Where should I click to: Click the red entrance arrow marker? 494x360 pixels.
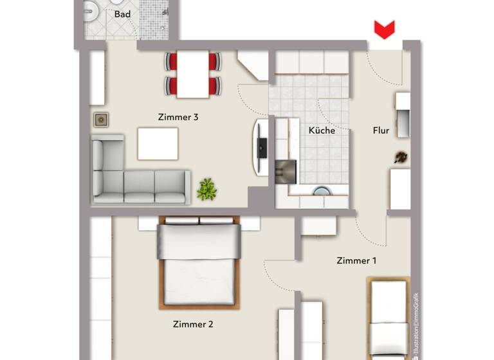(384, 30)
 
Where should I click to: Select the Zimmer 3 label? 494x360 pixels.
(178, 117)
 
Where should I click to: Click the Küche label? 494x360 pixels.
(322, 130)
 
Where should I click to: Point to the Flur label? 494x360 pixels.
(381, 130)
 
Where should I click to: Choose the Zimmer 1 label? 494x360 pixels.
(356, 261)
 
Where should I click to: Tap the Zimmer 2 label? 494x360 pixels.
(193, 325)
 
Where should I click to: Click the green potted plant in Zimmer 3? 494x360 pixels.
(206, 189)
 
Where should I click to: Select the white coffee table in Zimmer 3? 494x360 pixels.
(158, 144)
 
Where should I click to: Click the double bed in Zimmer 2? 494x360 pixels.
(199, 260)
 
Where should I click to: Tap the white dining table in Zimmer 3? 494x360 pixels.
(193, 74)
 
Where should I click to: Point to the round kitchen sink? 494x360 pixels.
(320, 191)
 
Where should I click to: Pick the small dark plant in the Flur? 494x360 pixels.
(401, 157)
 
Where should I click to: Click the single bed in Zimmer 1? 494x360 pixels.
(389, 318)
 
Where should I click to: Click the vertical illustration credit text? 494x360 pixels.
(416, 325)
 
